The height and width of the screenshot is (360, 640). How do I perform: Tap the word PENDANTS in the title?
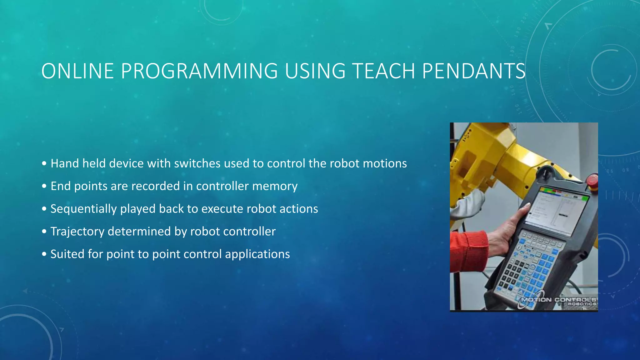pos(473,71)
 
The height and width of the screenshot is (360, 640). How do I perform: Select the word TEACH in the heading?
pos(383,71)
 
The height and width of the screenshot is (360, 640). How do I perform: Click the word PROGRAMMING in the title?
pos(199,71)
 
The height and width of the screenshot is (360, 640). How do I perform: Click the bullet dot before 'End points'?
pos(44,186)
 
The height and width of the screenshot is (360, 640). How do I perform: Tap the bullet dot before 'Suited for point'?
pos(44,254)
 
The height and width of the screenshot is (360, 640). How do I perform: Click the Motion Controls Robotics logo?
pos(558,301)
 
